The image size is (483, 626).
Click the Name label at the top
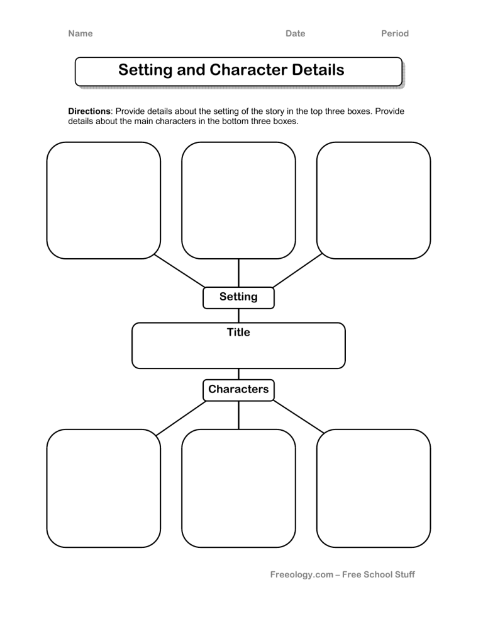click(x=80, y=33)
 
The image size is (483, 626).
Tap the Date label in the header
click(x=295, y=33)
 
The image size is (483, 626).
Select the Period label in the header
click(x=395, y=33)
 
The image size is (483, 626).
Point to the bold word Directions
click(x=89, y=111)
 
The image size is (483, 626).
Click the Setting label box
click(x=238, y=297)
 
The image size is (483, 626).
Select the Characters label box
click(x=238, y=389)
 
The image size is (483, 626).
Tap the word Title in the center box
click(x=238, y=333)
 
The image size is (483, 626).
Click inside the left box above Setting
click(x=104, y=200)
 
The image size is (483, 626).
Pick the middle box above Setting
click(x=238, y=200)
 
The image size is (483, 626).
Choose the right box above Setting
click(x=374, y=200)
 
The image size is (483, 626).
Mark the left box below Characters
click(x=104, y=488)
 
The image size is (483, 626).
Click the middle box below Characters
click(x=238, y=488)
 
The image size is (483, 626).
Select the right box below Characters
click(x=374, y=488)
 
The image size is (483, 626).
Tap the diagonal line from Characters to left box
click(x=181, y=418)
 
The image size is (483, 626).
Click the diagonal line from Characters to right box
click(x=297, y=416)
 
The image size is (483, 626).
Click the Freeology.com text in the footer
click(x=301, y=574)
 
